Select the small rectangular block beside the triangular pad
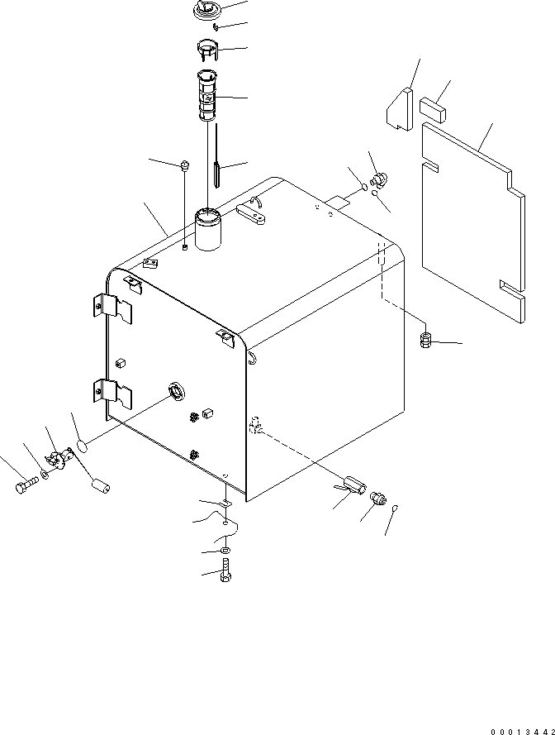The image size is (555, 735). click(x=434, y=108)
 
